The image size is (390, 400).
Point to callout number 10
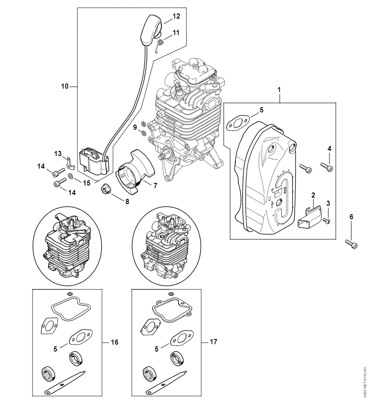[x=65, y=86]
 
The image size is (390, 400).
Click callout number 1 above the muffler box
[x=279, y=90]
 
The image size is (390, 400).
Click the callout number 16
[x=114, y=342]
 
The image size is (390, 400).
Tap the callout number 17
[x=213, y=342]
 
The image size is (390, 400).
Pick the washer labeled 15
[x=70, y=176]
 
